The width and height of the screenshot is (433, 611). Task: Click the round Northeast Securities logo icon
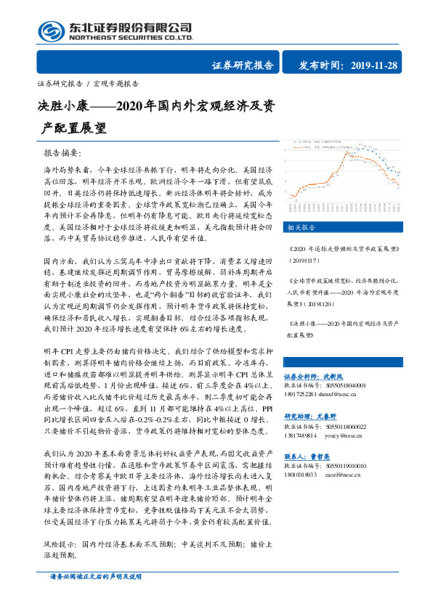coord(50,30)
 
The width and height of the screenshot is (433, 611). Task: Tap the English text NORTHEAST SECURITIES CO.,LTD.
coord(130,37)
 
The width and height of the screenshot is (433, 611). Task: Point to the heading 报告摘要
coord(63,154)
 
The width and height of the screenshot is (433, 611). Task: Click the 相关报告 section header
coord(300,227)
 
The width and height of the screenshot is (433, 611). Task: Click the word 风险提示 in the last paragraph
coord(60,542)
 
